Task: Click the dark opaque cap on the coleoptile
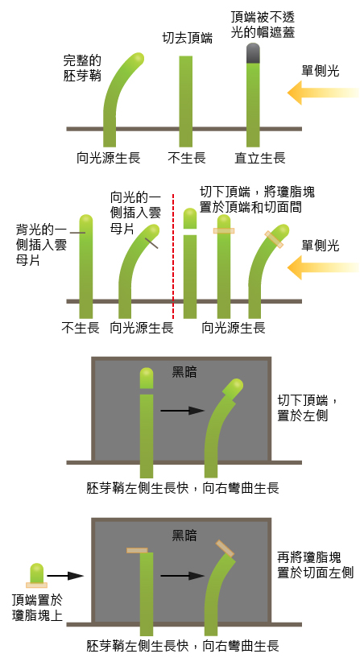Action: pyautogui.click(x=253, y=53)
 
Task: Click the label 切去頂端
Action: pyautogui.click(x=187, y=39)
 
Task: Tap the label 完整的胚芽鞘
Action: pyautogui.click(x=82, y=68)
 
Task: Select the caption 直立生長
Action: pyautogui.click(x=260, y=159)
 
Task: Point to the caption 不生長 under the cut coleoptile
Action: pyautogui.click(x=187, y=159)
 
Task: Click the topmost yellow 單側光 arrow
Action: pyautogui.click(x=323, y=93)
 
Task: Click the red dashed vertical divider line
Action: pyautogui.click(x=173, y=256)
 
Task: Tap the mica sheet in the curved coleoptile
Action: pyautogui.click(x=151, y=242)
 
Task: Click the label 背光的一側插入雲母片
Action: pyautogui.click(x=41, y=245)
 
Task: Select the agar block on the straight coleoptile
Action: pyautogui.click(x=224, y=231)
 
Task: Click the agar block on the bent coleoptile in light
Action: pyautogui.click(x=274, y=239)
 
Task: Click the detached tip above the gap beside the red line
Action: pyautogui.click(x=190, y=218)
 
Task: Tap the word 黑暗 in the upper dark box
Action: pyautogui.click(x=184, y=372)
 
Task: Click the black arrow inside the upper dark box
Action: pyautogui.click(x=182, y=411)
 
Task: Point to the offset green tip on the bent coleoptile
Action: pyautogui.click(x=234, y=388)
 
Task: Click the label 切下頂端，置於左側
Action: pyautogui.click(x=308, y=408)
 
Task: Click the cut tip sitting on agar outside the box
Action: pyautogui.click(x=37, y=573)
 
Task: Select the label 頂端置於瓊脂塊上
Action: pyautogui.click(x=37, y=607)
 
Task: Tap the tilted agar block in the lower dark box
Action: pyautogui.click(x=225, y=548)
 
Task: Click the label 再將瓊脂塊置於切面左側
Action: pyautogui.click(x=315, y=565)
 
